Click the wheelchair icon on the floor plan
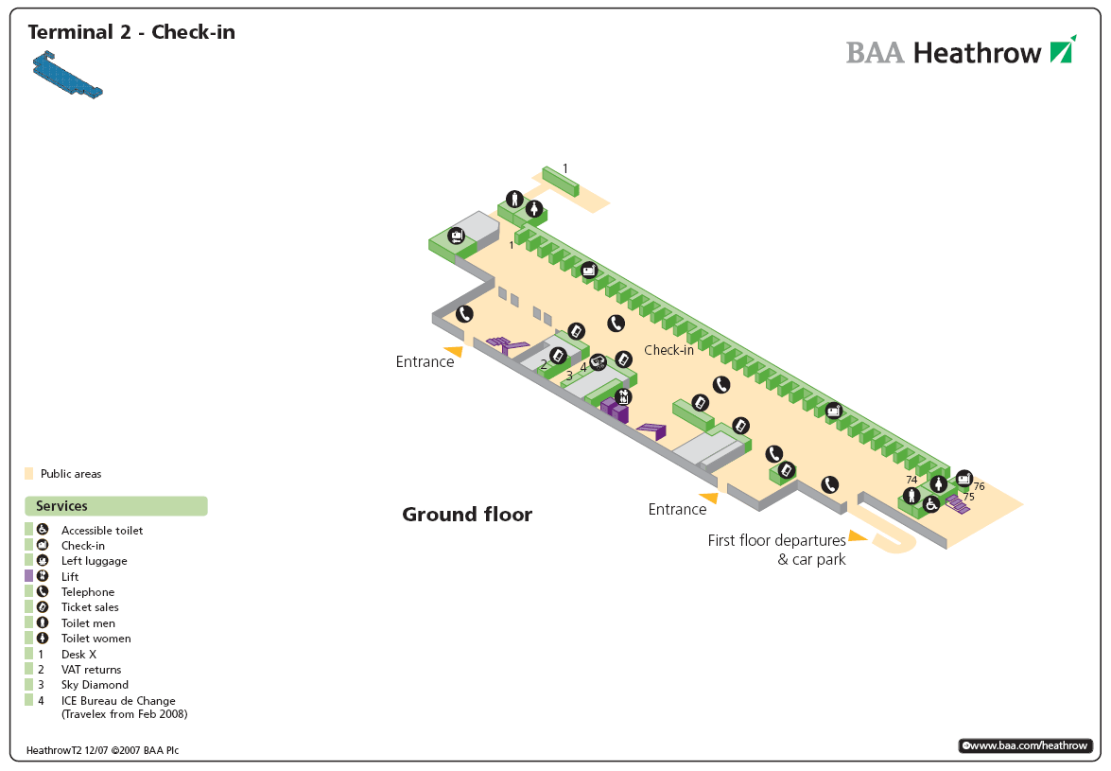[x=931, y=503]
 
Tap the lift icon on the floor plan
[x=622, y=396]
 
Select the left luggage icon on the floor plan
[x=457, y=236]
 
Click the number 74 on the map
[x=911, y=480]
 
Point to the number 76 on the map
[x=979, y=486]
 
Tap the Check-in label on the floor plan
[x=669, y=350]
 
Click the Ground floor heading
[x=467, y=515]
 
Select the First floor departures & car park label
[x=776, y=550]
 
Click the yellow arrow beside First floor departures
[x=858, y=536]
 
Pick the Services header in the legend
[x=62, y=506]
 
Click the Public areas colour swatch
[x=29, y=473]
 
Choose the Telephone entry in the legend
[x=88, y=592]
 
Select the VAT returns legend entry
[x=91, y=670]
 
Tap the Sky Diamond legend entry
[x=95, y=685]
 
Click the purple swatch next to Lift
[x=29, y=576]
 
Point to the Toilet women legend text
[x=95, y=639]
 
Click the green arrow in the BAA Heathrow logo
[x=1063, y=49]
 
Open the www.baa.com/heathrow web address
[x=1025, y=745]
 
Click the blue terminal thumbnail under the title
[x=67, y=77]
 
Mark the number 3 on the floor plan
[x=569, y=375]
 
